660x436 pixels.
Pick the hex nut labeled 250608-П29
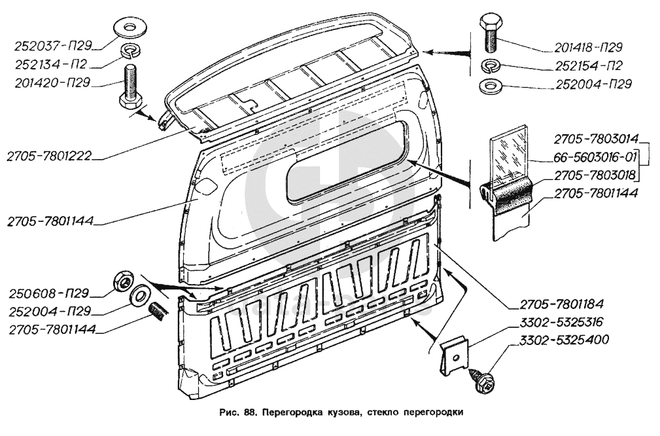click(122, 281)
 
